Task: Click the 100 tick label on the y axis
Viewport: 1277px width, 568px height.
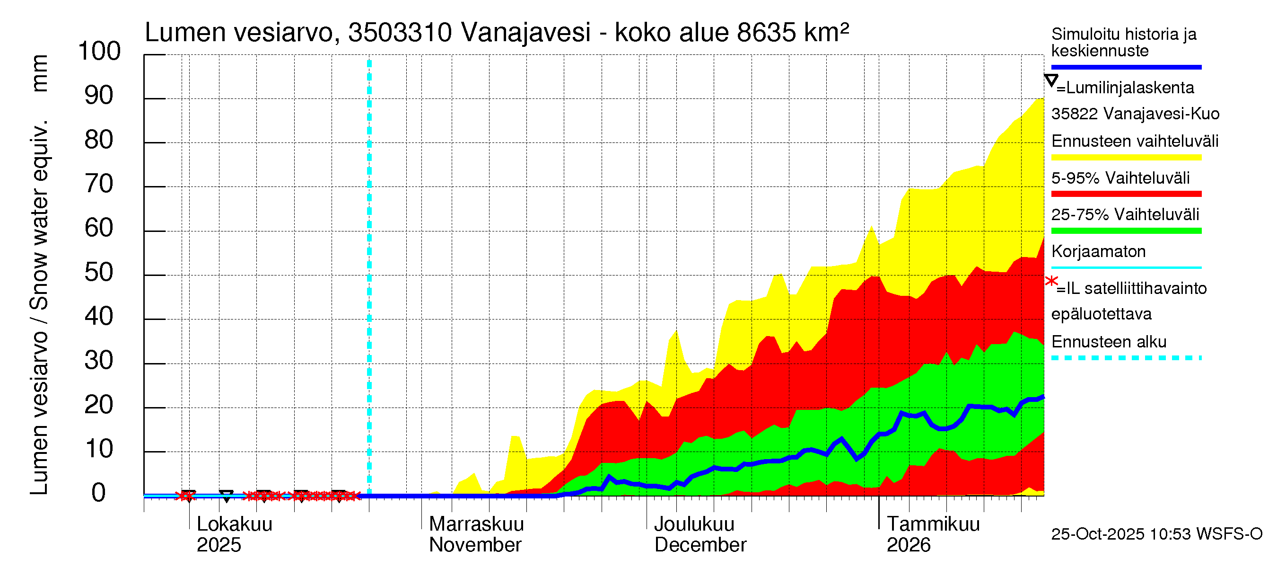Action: pyautogui.click(x=99, y=52)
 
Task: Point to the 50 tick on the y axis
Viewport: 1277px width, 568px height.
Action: pyautogui.click(x=99, y=272)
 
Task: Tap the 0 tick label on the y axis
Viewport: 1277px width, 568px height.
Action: pyautogui.click(x=99, y=493)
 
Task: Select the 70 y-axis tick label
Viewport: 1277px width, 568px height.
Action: pyautogui.click(x=99, y=184)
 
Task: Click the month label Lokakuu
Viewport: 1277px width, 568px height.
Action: pyautogui.click(x=235, y=524)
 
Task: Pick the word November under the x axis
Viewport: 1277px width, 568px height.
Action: pyautogui.click(x=475, y=545)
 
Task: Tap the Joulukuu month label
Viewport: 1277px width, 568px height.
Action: pyautogui.click(x=694, y=524)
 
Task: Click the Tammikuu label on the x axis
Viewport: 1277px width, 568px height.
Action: pyautogui.click(x=933, y=524)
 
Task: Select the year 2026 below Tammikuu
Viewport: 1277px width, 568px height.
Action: pyautogui.click(x=908, y=545)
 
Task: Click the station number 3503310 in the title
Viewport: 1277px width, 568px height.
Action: pyautogui.click(x=400, y=33)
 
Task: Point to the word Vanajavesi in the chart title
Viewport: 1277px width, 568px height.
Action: pyautogui.click(x=525, y=33)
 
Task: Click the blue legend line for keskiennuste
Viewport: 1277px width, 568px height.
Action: pyautogui.click(x=1126, y=67)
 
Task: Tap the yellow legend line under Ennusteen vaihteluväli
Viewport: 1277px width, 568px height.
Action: pyautogui.click(x=1126, y=158)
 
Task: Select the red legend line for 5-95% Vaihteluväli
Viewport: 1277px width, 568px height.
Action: pyautogui.click(x=1126, y=194)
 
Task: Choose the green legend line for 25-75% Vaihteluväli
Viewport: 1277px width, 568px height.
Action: pyautogui.click(x=1126, y=231)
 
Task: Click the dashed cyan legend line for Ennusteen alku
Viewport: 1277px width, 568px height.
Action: pyautogui.click(x=1126, y=358)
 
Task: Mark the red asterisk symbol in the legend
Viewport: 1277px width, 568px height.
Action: pyautogui.click(x=1051, y=281)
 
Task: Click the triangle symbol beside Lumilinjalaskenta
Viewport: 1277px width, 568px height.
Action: pyautogui.click(x=1050, y=80)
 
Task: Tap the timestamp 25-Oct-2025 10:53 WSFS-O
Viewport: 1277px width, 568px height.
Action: pyautogui.click(x=1156, y=534)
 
